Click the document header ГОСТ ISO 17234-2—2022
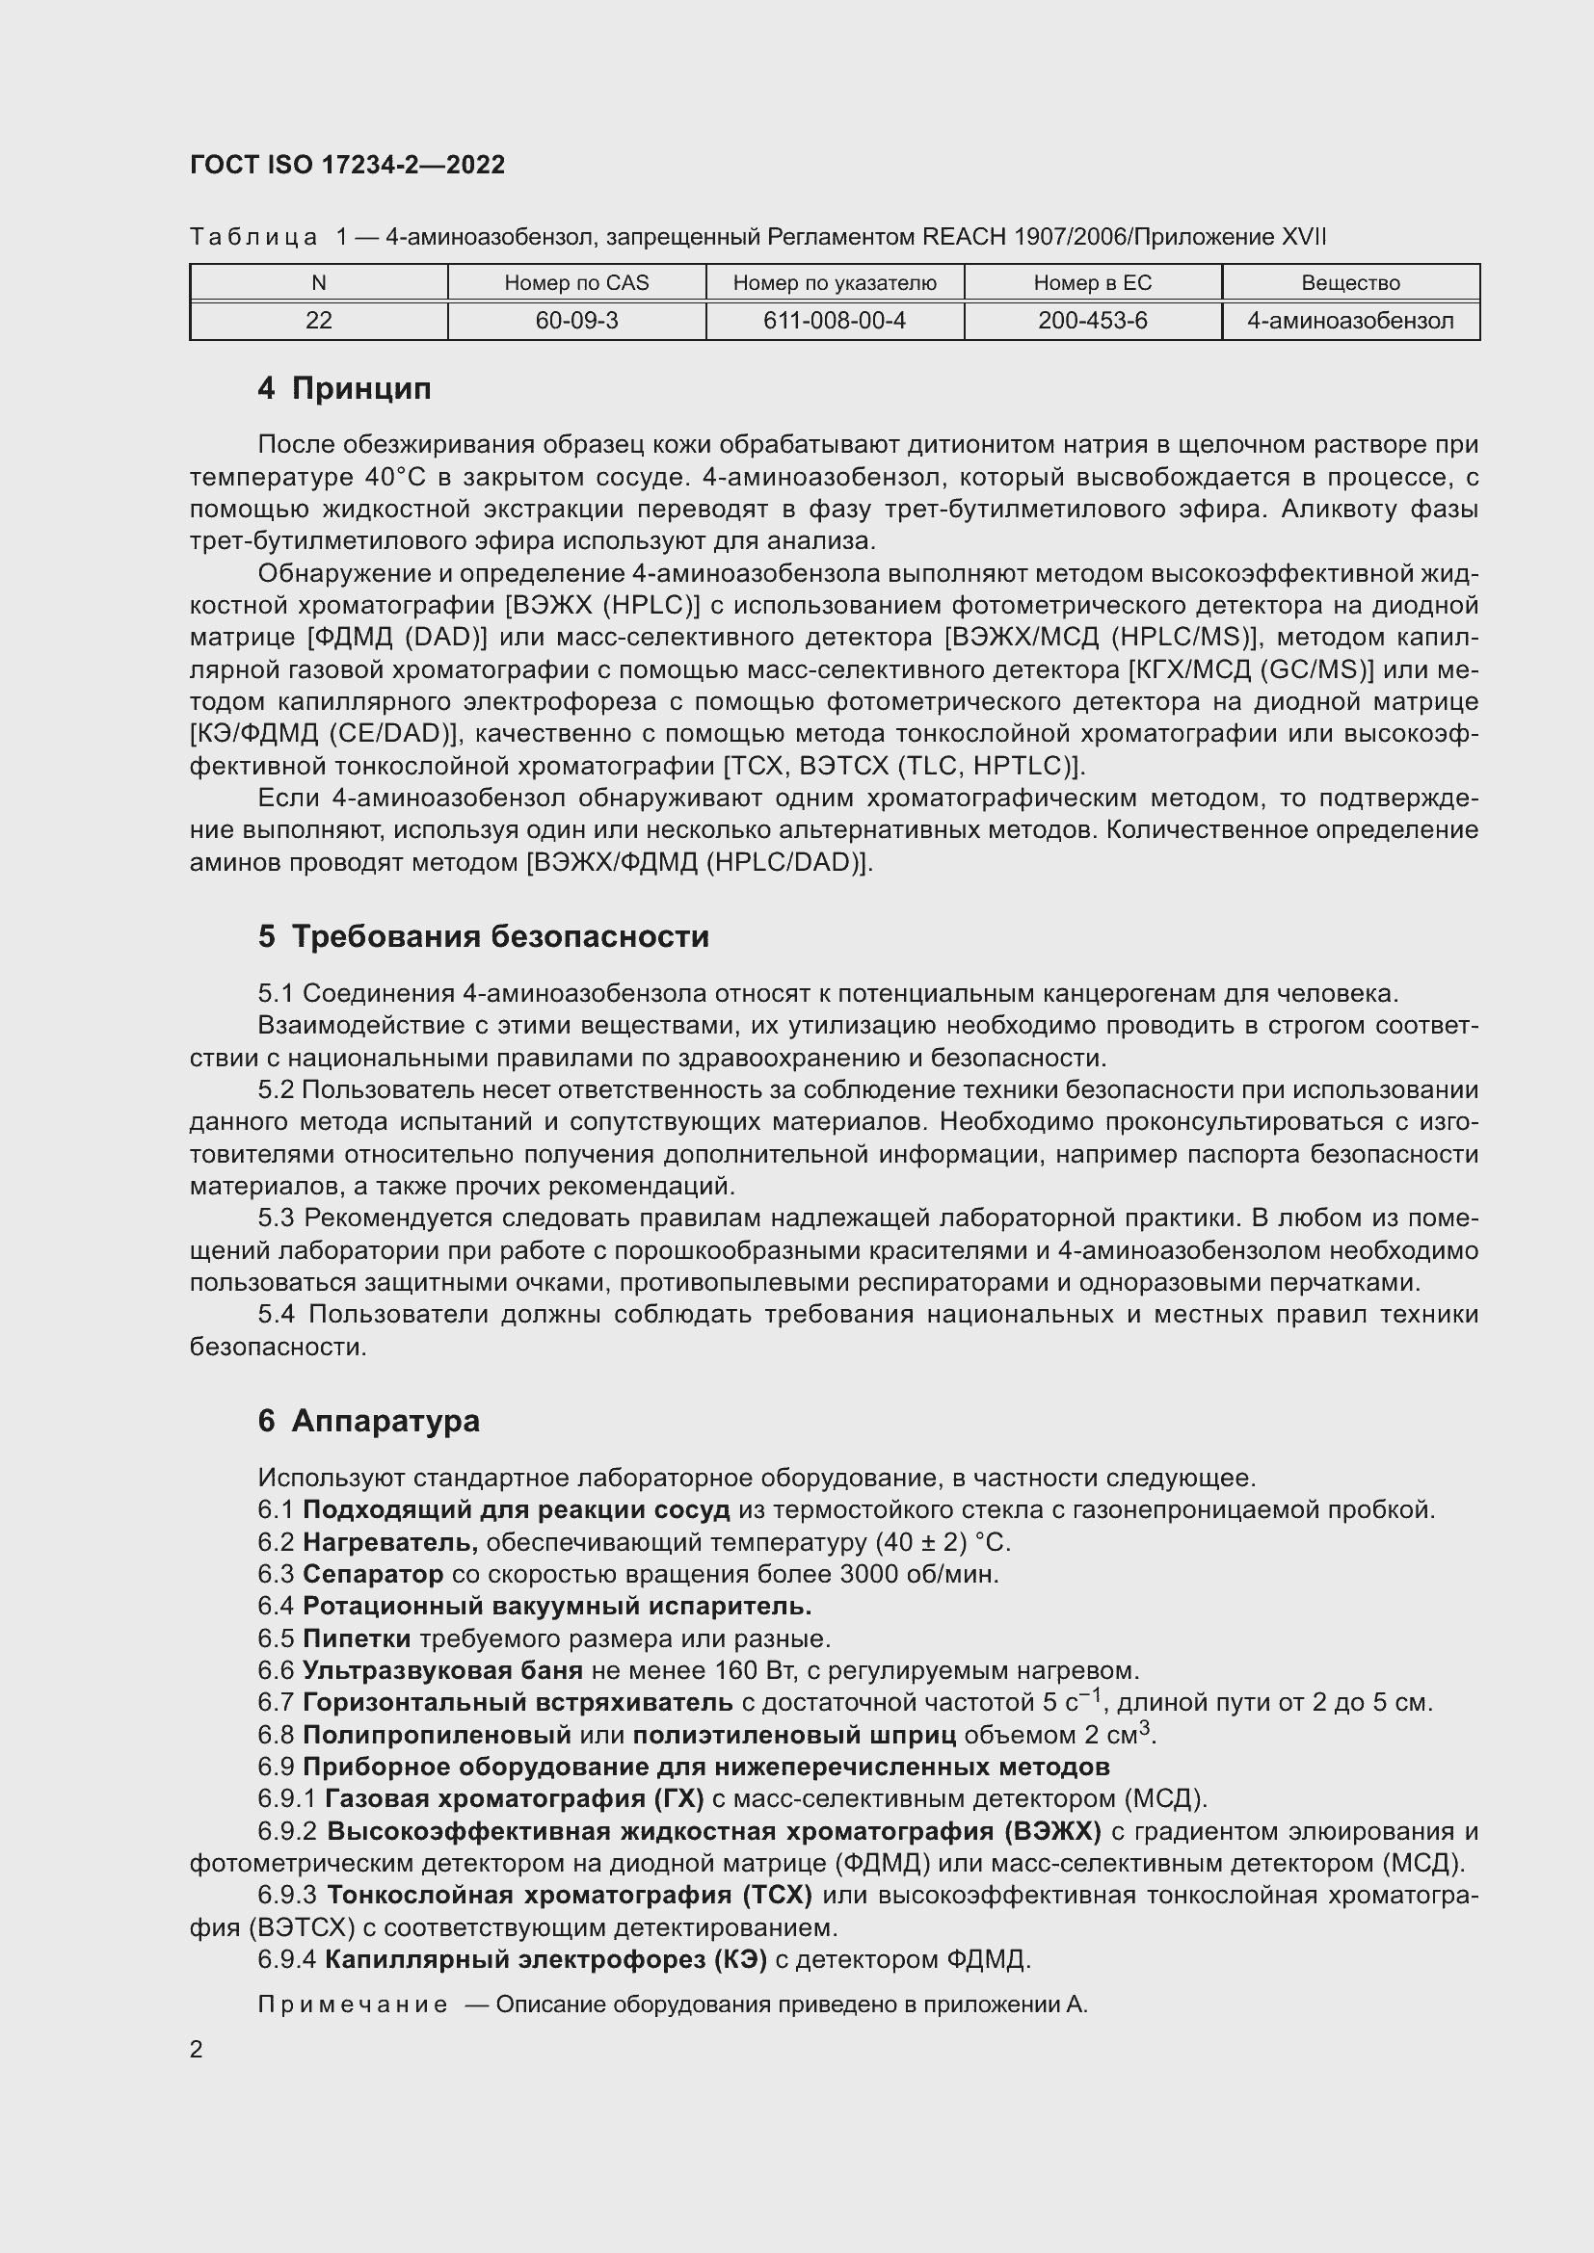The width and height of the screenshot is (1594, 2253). point(348,165)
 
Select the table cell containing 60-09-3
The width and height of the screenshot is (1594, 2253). point(576,321)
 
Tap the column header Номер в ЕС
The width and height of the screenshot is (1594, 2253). point(1093,282)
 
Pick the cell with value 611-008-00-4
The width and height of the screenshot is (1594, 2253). point(835,321)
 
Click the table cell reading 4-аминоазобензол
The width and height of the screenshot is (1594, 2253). point(1350,321)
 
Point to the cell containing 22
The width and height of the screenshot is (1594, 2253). point(319,321)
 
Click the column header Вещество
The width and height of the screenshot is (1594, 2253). point(1350,282)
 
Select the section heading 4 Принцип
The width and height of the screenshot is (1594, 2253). point(344,388)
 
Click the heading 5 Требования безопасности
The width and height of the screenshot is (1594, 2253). point(483,936)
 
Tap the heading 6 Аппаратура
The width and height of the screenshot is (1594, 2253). point(369,1420)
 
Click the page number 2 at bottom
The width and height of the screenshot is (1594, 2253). point(197,2049)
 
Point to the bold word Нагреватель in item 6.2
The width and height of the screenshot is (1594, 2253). point(389,1542)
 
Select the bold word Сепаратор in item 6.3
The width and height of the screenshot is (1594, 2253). point(373,1574)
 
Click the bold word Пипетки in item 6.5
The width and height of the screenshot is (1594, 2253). point(357,1638)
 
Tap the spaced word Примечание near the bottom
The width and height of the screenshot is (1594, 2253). point(354,2004)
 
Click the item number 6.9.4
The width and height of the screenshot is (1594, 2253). point(286,1959)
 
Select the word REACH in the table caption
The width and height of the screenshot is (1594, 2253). point(965,237)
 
